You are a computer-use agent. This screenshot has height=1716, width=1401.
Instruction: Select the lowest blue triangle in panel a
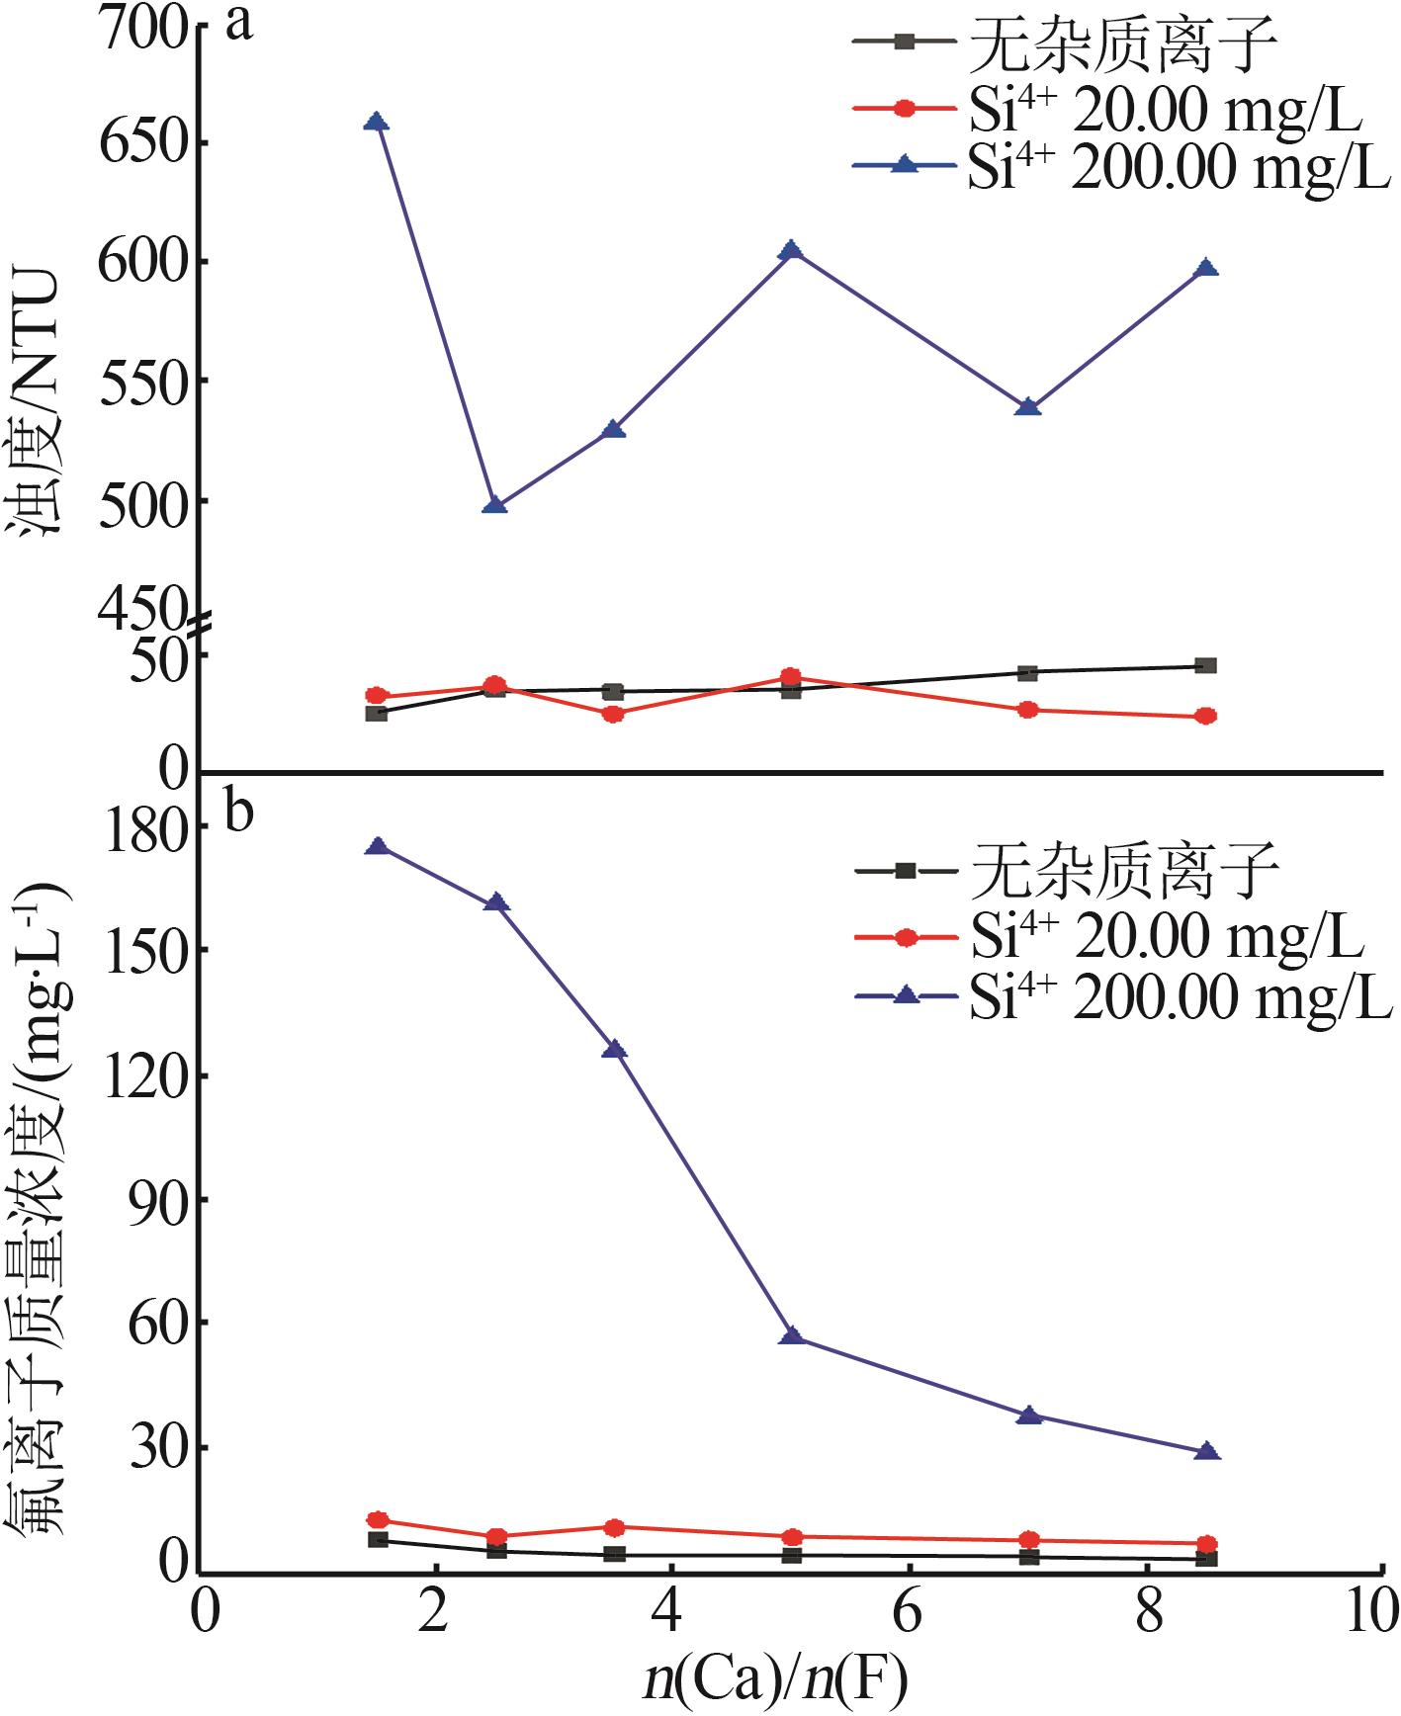point(495,506)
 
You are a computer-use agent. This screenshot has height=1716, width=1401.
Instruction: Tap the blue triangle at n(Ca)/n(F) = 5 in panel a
point(790,251)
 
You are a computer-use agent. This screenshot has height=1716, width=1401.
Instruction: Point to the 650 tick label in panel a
point(141,143)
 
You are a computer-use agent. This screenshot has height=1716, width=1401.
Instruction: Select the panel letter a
point(238,24)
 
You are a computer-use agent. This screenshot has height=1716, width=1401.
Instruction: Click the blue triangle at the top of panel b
point(376,847)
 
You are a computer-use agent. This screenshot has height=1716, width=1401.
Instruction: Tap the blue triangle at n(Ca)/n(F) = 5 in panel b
point(790,1337)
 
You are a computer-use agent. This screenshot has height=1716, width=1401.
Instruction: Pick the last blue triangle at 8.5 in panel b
point(1205,1452)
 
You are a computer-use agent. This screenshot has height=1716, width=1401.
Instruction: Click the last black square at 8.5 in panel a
point(1205,666)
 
